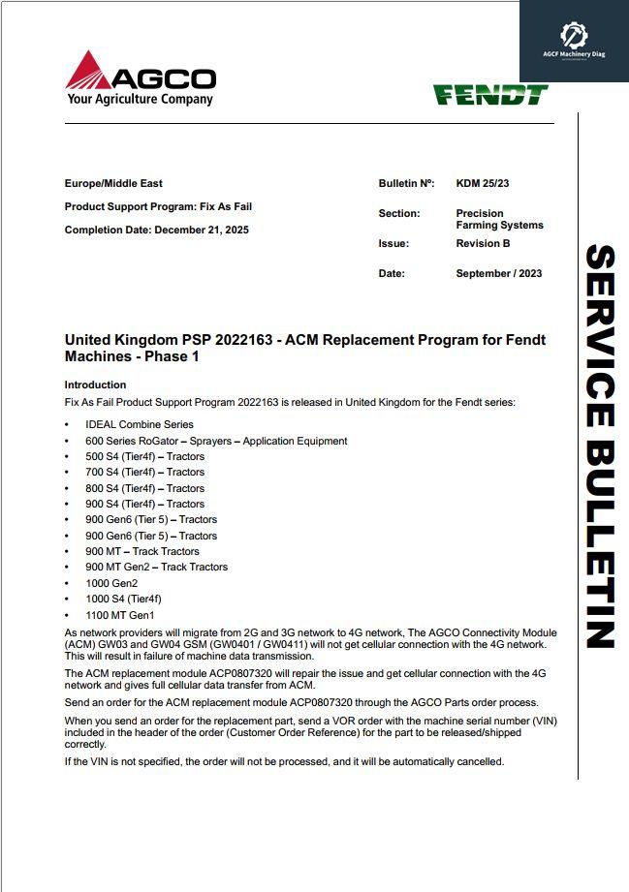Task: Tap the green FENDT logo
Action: click(x=490, y=94)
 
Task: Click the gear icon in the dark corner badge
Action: click(x=574, y=36)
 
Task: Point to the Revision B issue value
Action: click(x=483, y=244)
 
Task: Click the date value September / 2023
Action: click(x=499, y=274)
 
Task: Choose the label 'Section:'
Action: click(x=398, y=213)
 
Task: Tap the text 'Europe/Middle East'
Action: click(x=113, y=183)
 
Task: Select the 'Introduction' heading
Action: click(x=95, y=384)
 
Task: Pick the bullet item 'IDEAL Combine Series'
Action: click(x=140, y=424)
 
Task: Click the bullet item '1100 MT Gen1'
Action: click(x=120, y=615)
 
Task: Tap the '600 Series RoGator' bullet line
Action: click(x=216, y=441)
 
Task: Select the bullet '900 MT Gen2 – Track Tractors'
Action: click(x=157, y=567)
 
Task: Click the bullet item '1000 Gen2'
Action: click(x=112, y=583)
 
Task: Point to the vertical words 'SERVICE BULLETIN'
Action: click(x=600, y=446)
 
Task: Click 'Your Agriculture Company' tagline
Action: click(x=140, y=99)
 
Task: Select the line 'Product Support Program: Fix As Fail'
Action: click(x=158, y=206)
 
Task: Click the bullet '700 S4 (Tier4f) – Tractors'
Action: click(x=145, y=472)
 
